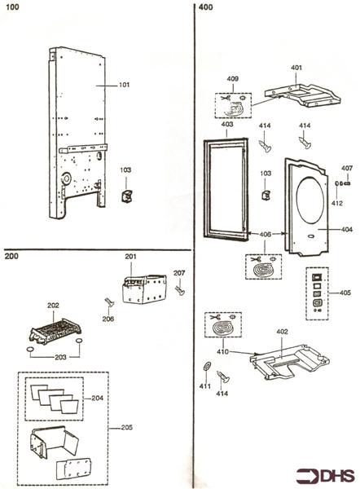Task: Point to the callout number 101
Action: click(124, 84)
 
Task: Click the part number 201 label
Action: click(131, 257)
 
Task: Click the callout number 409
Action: click(232, 79)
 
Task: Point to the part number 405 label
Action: click(345, 293)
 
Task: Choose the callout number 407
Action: click(347, 168)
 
